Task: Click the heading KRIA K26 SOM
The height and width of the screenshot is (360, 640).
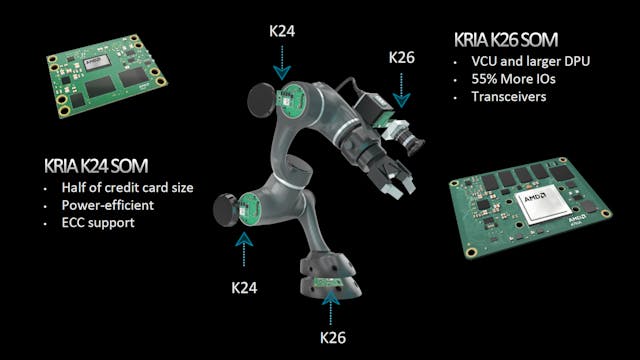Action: click(x=512, y=43)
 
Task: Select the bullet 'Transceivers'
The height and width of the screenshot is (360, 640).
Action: click(x=495, y=97)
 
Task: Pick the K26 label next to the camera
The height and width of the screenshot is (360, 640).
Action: click(x=402, y=59)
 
